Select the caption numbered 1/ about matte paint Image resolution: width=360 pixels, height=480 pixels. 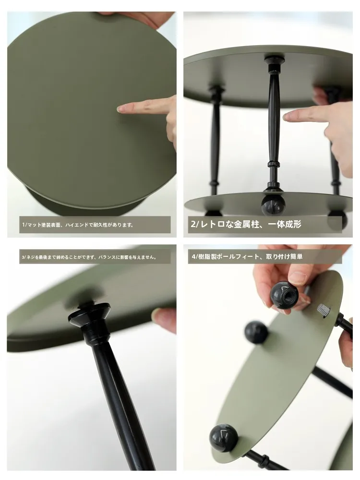78,225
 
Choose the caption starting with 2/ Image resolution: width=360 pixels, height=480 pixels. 246,224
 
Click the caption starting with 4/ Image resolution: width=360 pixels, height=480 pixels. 247,256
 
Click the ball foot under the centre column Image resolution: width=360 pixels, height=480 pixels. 274,205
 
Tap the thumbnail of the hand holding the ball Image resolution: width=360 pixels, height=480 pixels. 297,277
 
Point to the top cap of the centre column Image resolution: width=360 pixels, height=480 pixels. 274,60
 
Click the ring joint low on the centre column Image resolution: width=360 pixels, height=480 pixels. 274,164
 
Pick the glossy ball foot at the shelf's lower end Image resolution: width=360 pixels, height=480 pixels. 224,438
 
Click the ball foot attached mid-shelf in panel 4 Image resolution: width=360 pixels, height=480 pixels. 256,333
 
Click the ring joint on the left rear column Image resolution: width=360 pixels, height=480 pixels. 215,184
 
